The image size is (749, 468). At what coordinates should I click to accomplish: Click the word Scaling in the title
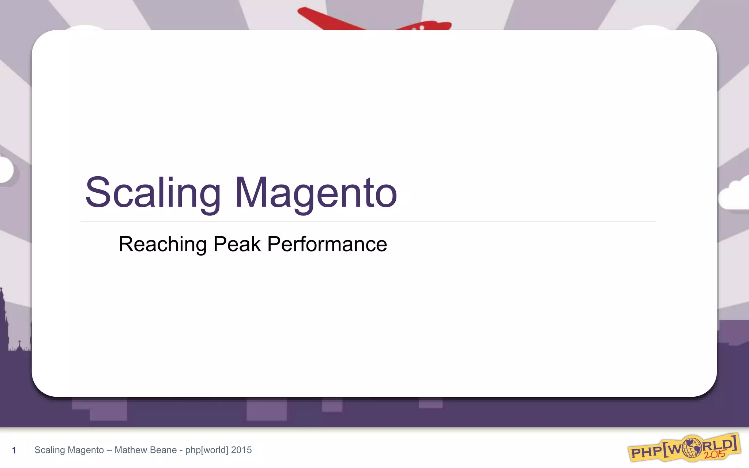(x=153, y=193)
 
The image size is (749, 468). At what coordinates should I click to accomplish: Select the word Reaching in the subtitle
(x=162, y=244)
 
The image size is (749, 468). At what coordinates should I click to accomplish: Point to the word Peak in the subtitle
(x=237, y=244)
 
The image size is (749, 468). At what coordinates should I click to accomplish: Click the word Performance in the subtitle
(x=327, y=244)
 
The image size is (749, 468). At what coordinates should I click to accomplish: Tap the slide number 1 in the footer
(x=14, y=450)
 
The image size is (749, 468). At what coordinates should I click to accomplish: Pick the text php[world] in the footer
(x=207, y=450)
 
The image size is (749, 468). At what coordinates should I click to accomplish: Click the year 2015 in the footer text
(x=241, y=450)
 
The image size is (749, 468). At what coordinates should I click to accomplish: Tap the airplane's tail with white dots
(x=428, y=26)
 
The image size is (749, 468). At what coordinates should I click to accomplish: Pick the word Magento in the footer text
(x=86, y=450)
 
